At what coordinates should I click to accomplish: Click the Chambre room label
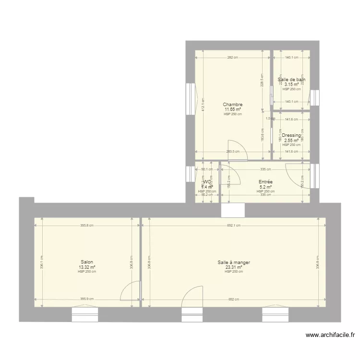(x=232, y=105)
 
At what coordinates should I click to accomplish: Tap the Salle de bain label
(x=291, y=80)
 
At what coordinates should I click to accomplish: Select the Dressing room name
(x=291, y=136)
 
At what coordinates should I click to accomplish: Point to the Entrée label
(x=265, y=182)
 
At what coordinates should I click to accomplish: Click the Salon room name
(x=87, y=262)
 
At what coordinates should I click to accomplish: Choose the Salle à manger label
(x=234, y=263)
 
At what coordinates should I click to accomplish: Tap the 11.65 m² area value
(x=232, y=109)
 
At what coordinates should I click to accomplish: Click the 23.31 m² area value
(x=234, y=267)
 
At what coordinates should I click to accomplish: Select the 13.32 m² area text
(x=87, y=267)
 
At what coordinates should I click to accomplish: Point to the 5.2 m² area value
(x=265, y=187)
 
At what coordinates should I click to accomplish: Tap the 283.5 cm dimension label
(x=233, y=152)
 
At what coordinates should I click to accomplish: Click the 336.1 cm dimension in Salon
(x=42, y=262)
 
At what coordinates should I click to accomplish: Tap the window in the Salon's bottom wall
(x=85, y=314)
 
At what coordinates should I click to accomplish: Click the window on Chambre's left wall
(x=191, y=99)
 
